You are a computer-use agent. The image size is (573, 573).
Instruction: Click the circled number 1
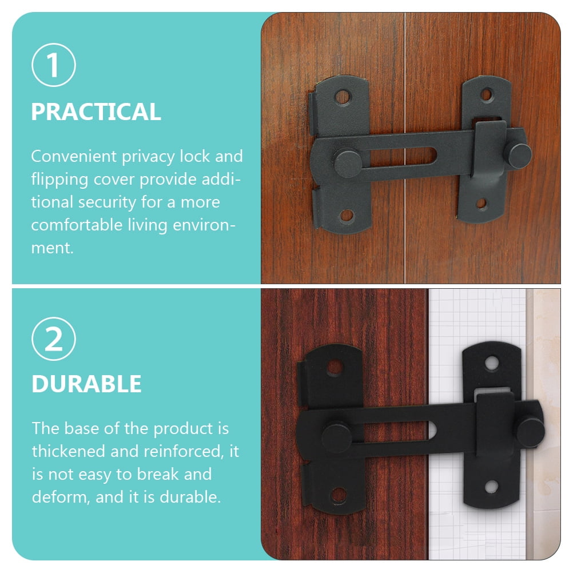[54, 65]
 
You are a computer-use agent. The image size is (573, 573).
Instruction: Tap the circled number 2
[54, 339]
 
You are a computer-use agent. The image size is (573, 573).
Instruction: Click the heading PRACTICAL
[96, 112]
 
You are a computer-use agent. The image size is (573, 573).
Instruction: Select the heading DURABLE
[86, 384]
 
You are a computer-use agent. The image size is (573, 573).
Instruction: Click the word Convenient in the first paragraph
[74, 157]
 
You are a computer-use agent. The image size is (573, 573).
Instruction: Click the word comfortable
[77, 225]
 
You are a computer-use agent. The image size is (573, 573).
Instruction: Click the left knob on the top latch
[348, 163]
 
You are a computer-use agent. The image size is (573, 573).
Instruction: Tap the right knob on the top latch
[518, 155]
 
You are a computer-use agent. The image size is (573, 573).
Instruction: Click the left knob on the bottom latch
[337, 437]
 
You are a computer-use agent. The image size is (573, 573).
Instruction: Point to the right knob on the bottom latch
[530, 432]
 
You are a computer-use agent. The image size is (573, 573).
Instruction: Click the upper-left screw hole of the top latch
[343, 97]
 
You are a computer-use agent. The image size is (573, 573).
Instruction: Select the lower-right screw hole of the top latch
[482, 203]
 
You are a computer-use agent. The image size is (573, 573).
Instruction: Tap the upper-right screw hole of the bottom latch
[491, 363]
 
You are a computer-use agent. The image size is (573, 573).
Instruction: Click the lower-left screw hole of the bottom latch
[339, 495]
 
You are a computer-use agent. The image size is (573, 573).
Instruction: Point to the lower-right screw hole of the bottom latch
[491, 487]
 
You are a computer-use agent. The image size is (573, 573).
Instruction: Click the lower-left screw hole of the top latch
[347, 216]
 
